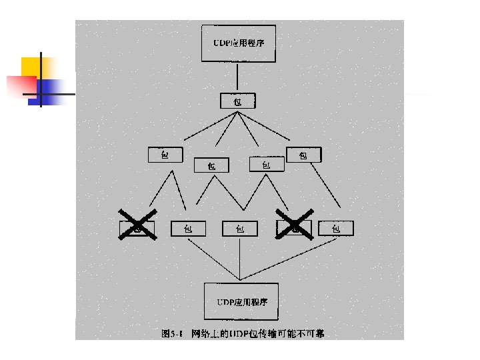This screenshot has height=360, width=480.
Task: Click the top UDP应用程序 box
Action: pos(239,44)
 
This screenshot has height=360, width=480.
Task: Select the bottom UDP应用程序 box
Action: pos(240,301)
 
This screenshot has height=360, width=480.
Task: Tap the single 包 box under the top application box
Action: pos(237,101)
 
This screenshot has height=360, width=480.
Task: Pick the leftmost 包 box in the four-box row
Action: pos(165,155)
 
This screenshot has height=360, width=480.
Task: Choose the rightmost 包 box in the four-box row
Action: pos(303,155)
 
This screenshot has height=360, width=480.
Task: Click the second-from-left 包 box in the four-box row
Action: pos(211,165)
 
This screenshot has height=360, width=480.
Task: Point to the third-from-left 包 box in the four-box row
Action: pos(265,164)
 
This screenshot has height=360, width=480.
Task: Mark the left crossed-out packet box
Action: pos(137,228)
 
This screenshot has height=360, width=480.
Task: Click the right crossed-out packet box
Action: pos(293,228)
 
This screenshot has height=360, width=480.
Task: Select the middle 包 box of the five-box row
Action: pos(239,229)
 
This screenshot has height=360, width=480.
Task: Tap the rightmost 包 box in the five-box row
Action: pos(336,229)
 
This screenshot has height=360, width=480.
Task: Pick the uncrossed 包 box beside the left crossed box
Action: pos(189,229)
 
